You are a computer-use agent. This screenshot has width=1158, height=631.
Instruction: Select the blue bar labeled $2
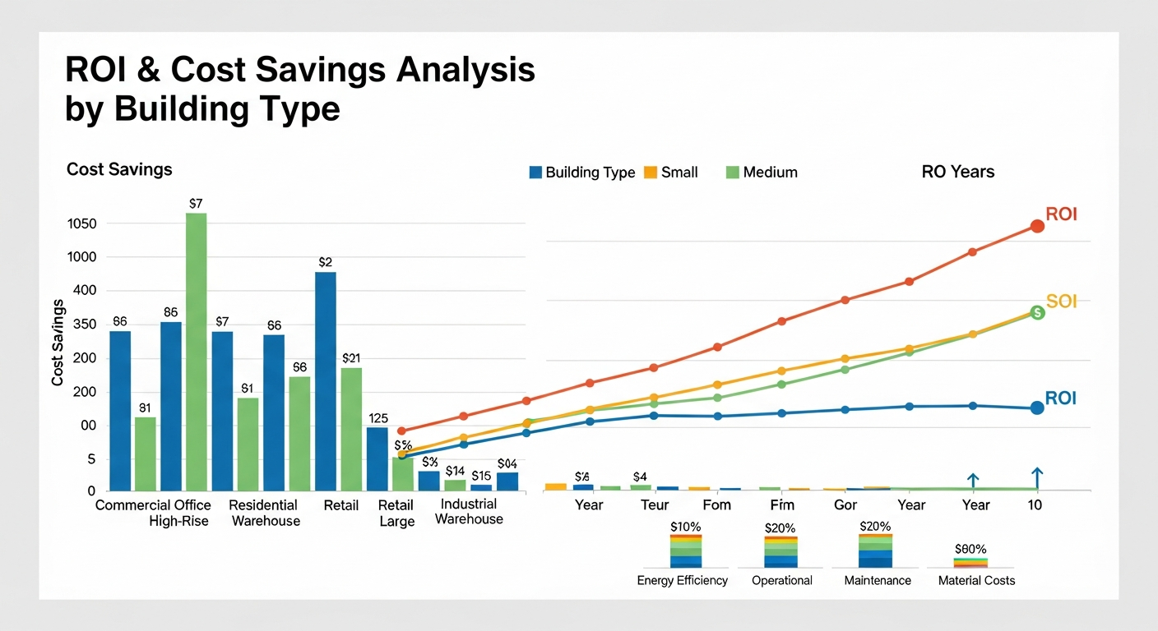pyautogui.click(x=326, y=381)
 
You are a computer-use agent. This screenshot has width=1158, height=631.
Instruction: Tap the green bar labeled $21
pyautogui.click(x=351, y=429)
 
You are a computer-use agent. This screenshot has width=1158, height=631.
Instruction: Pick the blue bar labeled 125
pyautogui.click(x=377, y=458)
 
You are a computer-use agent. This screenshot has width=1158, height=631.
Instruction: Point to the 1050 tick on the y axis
pyautogui.click(x=82, y=224)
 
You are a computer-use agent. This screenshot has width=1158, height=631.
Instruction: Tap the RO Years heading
pyautogui.click(x=958, y=172)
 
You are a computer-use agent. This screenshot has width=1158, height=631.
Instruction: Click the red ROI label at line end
pyautogui.click(x=1061, y=214)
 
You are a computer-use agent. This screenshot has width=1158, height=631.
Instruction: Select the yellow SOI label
pyautogui.click(x=1061, y=302)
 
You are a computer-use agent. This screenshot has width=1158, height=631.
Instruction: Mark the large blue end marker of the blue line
pyautogui.click(x=1036, y=408)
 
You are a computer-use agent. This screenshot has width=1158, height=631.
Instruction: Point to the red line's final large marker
pyautogui.click(x=1037, y=226)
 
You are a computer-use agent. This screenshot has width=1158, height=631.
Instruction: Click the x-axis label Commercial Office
pyautogui.click(x=153, y=505)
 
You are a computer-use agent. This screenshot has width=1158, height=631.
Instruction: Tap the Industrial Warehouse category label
pyautogui.click(x=469, y=511)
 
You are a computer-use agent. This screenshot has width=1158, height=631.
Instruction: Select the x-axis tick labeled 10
pyautogui.click(x=1035, y=505)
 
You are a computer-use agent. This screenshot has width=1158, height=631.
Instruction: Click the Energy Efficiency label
pyautogui.click(x=682, y=581)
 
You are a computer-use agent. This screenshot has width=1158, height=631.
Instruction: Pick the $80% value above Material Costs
pyautogui.click(x=970, y=549)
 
